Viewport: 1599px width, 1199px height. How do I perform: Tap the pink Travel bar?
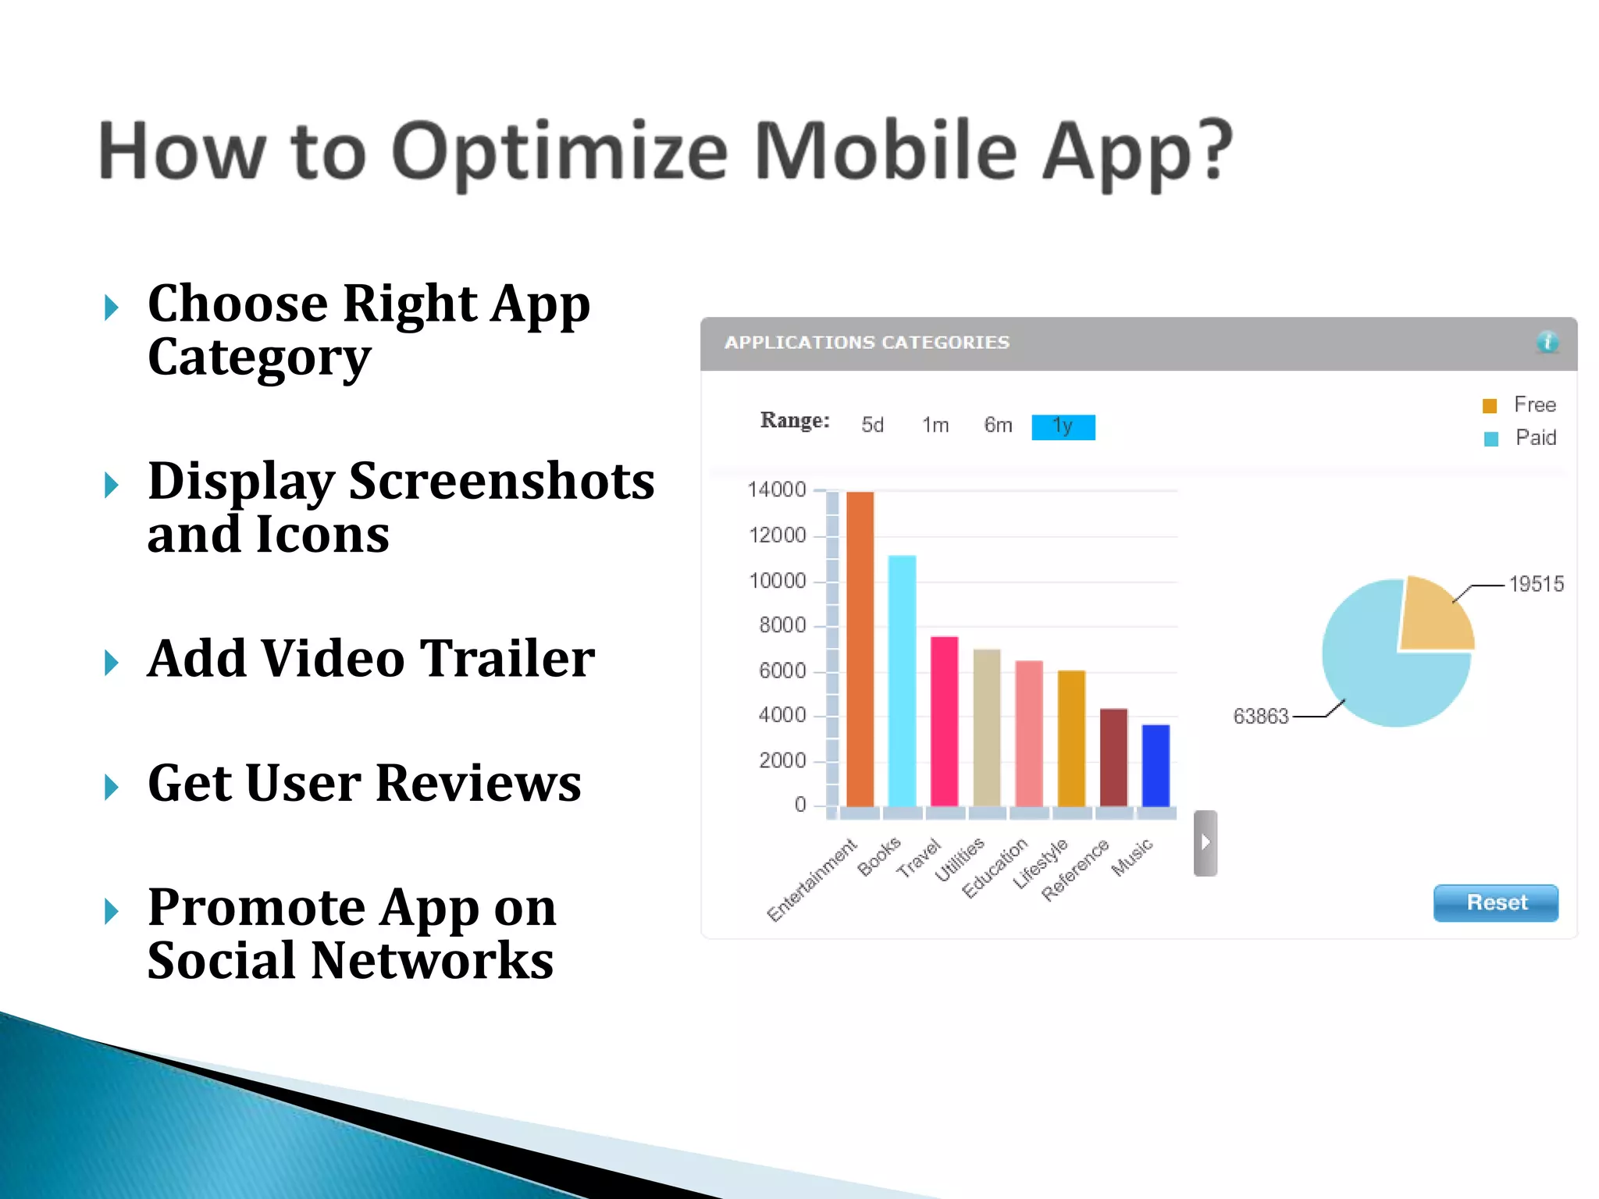tap(944, 721)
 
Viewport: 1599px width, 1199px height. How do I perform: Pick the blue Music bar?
tap(1156, 766)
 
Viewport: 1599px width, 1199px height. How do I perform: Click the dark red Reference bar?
tap(1113, 757)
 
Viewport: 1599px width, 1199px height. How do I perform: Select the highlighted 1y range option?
tap(1063, 426)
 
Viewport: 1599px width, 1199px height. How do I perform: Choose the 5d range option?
tap(872, 425)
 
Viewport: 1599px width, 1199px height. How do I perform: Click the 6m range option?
tap(998, 425)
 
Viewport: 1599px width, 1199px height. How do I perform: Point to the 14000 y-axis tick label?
tap(776, 490)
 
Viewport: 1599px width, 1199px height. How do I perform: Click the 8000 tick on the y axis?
tap(782, 625)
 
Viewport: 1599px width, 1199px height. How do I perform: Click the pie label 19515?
tap(1536, 584)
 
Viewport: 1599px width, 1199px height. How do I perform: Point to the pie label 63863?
tap(1260, 716)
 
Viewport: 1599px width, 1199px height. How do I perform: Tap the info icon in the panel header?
tap(1547, 342)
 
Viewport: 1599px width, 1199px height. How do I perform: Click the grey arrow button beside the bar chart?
tap(1205, 842)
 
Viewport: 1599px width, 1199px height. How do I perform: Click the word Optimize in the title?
tap(559, 152)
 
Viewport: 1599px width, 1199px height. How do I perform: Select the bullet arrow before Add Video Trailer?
tap(112, 662)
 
